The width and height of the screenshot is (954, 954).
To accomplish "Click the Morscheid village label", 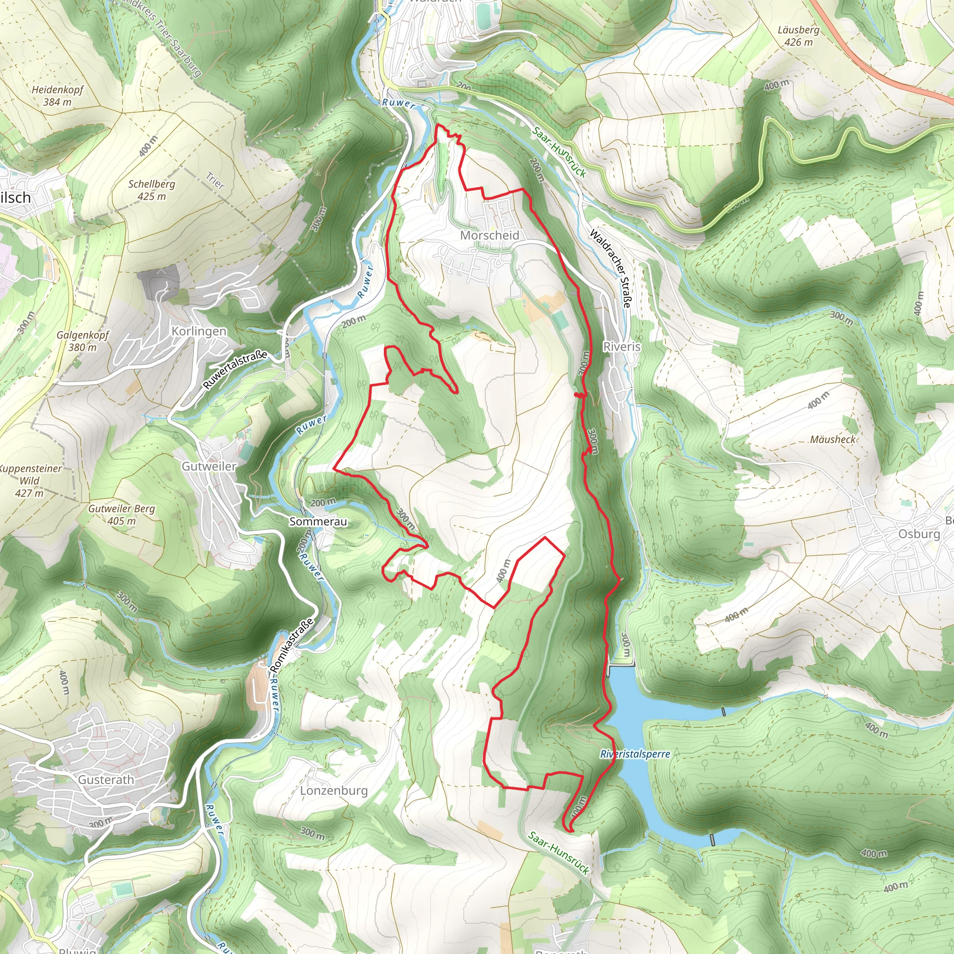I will [x=490, y=236].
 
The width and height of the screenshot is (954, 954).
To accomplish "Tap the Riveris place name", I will [x=622, y=347].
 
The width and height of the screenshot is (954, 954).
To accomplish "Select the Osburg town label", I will [x=919, y=534].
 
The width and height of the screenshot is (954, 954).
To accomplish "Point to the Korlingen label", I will [x=198, y=331].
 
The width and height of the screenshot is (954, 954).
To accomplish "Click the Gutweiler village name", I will [x=209, y=466].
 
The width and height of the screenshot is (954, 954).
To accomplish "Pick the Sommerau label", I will [x=318, y=521].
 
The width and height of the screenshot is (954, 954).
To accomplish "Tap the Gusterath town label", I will [x=106, y=780].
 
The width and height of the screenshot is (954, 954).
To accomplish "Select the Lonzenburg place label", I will [x=334, y=790].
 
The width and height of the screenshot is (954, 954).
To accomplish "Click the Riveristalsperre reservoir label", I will [x=635, y=754].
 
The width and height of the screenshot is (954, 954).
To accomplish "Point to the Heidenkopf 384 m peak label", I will [x=57, y=96].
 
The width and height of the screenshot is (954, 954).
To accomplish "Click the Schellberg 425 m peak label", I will [x=151, y=190].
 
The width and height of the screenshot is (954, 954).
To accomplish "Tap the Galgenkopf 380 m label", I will [x=82, y=341].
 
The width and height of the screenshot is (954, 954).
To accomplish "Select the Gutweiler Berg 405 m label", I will [x=122, y=515].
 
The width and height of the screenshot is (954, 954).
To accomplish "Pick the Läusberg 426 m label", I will [x=798, y=36].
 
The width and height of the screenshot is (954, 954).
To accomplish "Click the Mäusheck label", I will [x=832, y=439].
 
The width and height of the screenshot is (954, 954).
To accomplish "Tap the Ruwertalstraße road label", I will [x=235, y=369].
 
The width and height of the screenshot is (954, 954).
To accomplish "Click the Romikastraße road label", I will [x=291, y=645].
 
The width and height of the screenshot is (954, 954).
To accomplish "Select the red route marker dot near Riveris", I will [x=577, y=395].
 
